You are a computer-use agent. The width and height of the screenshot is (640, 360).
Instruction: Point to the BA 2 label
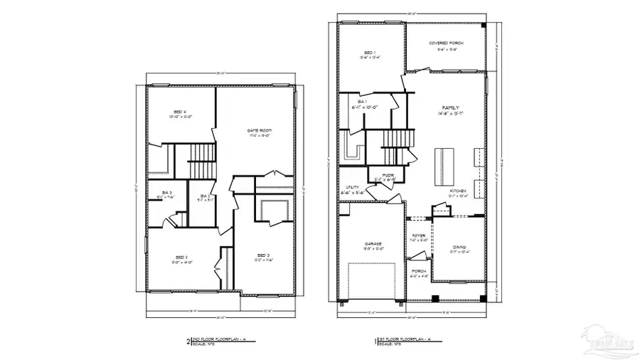point(204,196)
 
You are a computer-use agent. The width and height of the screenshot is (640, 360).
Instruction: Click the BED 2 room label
point(181,257)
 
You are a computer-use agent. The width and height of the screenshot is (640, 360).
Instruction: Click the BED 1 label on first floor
point(370,53)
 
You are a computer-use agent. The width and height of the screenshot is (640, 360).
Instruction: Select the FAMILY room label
point(450,107)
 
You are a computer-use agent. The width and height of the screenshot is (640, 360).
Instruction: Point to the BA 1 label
point(362,102)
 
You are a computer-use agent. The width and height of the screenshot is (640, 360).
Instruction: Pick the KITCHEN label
point(457,192)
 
